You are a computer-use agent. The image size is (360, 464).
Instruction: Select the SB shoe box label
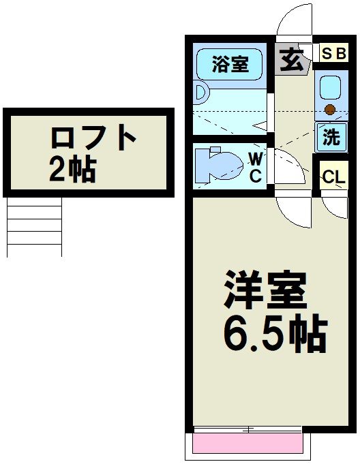click(333, 54)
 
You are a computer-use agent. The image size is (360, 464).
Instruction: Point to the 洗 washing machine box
click(331, 137)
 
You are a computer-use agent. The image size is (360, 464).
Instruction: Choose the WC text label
click(254, 168)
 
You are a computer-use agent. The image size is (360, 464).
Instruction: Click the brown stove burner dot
click(330, 109)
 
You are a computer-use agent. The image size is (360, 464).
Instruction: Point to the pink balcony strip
click(247, 444)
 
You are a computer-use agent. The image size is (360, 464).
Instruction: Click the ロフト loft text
click(93, 138)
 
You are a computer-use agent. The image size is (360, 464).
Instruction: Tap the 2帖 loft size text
click(72, 168)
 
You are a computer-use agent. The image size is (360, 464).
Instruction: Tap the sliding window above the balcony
click(247, 429)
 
